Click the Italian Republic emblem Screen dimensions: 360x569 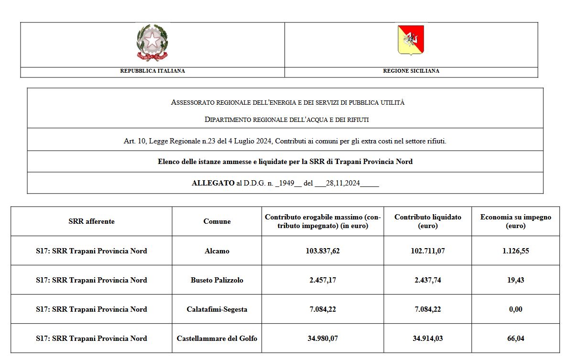[152, 43]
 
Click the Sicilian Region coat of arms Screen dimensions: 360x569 [411, 40]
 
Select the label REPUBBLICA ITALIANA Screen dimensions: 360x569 [153, 71]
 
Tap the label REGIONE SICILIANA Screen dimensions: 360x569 [411, 71]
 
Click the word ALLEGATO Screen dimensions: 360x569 [213, 183]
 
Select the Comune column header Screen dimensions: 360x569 [217, 221]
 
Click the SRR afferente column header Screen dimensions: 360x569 [91, 221]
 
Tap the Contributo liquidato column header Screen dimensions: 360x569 [428, 221]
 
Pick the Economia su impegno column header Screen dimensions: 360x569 [515, 221]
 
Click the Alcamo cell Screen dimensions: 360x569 [217, 251]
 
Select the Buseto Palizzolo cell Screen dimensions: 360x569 [217, 280]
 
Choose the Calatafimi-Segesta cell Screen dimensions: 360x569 [217, 309]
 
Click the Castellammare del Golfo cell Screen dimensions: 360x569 [217, 338]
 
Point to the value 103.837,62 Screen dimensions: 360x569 [323, 251]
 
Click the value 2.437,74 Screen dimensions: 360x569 [428, 280]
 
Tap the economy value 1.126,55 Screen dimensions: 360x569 [515, 251]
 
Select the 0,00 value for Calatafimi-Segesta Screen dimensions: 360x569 [515, 309]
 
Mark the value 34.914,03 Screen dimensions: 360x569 [428, 338]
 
